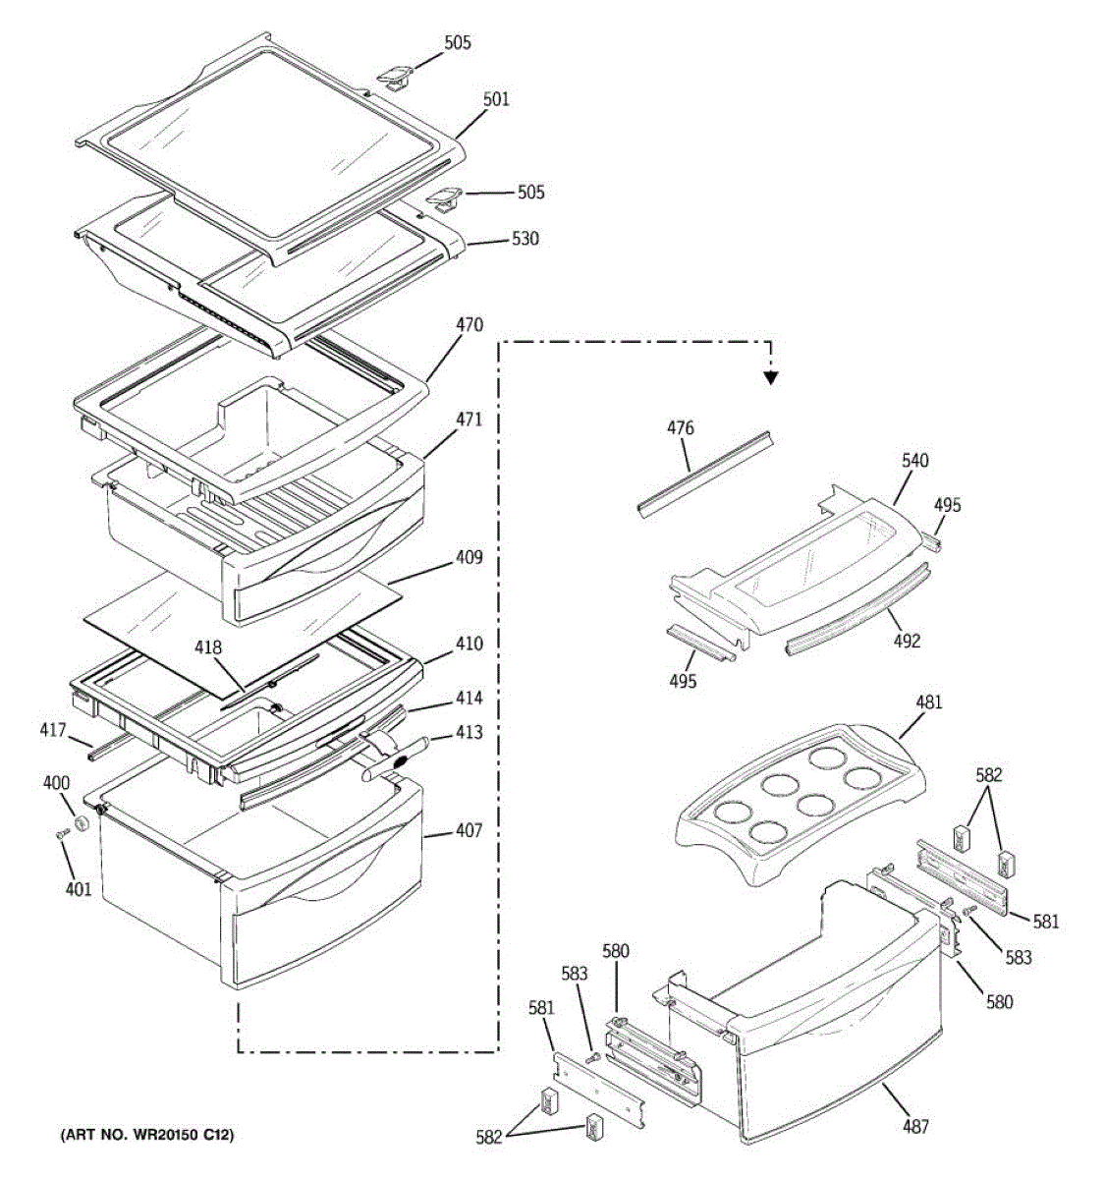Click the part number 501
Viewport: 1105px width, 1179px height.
[496, 100]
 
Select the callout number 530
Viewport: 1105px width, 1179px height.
[525, 239]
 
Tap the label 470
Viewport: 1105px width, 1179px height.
[470, 325]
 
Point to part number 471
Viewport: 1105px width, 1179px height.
[469, 420]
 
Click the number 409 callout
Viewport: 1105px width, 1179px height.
[469, 558]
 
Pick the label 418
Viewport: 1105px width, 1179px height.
[207, 648]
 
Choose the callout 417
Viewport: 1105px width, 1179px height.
[52, 731]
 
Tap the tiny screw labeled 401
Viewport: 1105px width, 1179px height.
[61, 835]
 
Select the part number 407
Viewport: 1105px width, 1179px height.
[469, 831]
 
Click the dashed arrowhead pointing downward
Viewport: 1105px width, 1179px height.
[771, 375]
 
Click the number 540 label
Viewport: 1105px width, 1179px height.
[914, 461]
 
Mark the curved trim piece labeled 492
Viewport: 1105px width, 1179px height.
[855, 613]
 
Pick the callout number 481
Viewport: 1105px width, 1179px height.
[928, 702]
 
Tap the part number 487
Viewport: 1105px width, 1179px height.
[915, 1127]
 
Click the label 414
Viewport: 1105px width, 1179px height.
[469, 699]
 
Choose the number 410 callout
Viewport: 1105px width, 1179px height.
[469, 645]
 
